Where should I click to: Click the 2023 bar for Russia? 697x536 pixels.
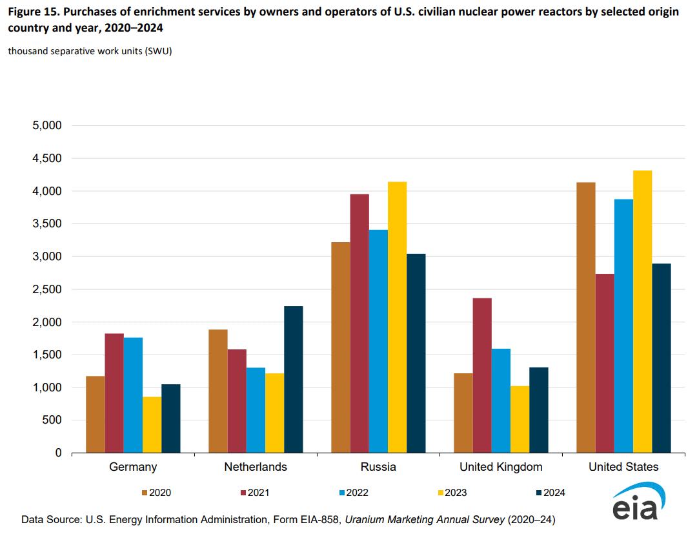pos(397,317)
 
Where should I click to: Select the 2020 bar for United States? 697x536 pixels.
pos(586,317)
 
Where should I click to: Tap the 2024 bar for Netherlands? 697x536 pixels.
pos(293,379)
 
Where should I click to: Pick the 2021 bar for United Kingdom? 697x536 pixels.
pos(482,375)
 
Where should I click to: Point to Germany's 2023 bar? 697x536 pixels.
pos(152,424)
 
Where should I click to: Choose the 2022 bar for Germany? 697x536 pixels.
pos(134,395)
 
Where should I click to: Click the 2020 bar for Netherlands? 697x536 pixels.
pos(218,391)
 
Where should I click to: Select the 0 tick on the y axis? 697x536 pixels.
pos(58,453)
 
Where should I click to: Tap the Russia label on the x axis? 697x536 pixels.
pos(378,467)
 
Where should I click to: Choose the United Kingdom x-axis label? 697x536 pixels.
pos(501,467)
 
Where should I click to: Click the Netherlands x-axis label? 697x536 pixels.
pos(256,467)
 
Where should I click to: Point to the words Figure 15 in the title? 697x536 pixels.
pos(32,12)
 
